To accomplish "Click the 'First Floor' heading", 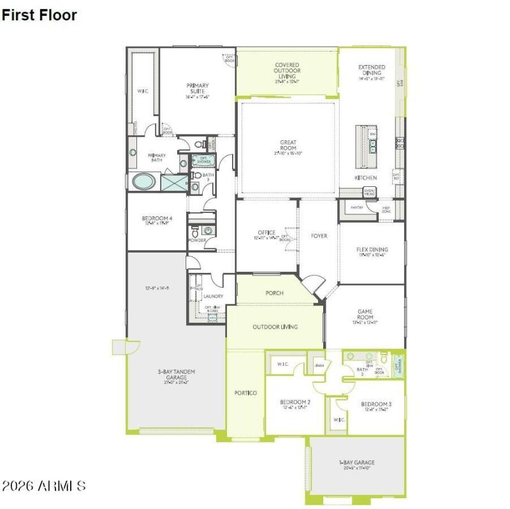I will coord(39,15).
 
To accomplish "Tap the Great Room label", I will coord(288,145).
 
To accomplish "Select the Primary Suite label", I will coord(198,89).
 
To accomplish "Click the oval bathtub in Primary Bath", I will coord(143,182).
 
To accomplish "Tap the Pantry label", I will coord(356,208).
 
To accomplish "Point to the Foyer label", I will coord(319,236).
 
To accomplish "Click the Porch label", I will coord(274,293).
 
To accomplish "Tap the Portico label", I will coord(245,393).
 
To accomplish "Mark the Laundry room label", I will coord(213,296).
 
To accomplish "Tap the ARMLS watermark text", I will coord(43,486).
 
